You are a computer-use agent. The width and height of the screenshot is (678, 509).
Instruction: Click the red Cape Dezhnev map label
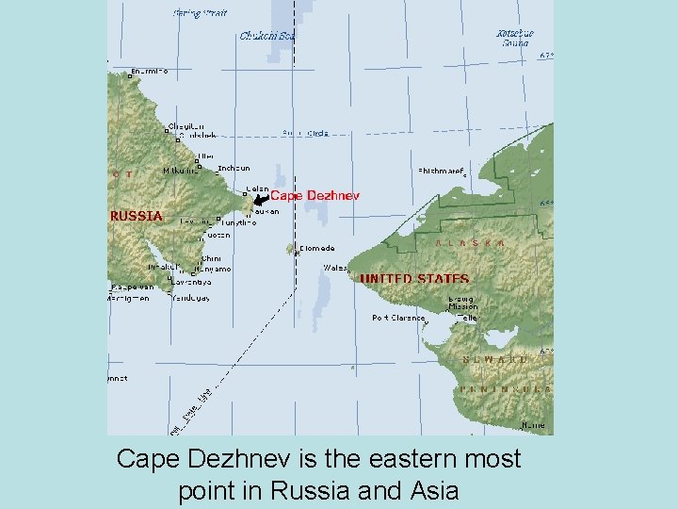pyautogui.click(x=315, y=196)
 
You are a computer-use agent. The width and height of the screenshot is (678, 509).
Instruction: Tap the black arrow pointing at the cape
pyautogui.click(x=261, y=198)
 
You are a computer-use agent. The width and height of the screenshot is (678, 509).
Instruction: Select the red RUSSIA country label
pyautogui.click(x=137, y=216)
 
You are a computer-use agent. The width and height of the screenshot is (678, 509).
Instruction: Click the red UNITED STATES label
pyautogui.click(x=414, y=279)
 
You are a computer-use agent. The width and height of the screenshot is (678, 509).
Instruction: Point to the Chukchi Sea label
pyautogui.click(x=267, y=37)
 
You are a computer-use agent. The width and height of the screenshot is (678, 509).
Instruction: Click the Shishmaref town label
pyautogui.click(x=441, y=172)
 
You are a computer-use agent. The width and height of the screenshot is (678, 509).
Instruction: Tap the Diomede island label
pyautogui.click(x=316, y=249)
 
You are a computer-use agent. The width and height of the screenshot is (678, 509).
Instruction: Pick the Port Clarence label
pyautogui.click(x=399, y=319)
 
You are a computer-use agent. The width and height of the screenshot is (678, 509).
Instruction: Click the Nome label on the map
pyautogui.click(x=533, y=425)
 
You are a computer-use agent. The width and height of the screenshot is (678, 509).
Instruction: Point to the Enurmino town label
pyautogui.click(x=149, y=72)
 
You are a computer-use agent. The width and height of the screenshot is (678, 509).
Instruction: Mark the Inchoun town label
pyautogui.click(x=234, y=169)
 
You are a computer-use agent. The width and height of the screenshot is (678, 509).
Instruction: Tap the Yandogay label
pyautogui.click(x=191, y=298)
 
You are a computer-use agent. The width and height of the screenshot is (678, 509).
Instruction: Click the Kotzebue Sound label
pyautogui.click(x=514, y=38)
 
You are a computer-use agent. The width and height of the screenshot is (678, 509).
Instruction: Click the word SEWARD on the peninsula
pyautogui.click(x=495, y=360)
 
